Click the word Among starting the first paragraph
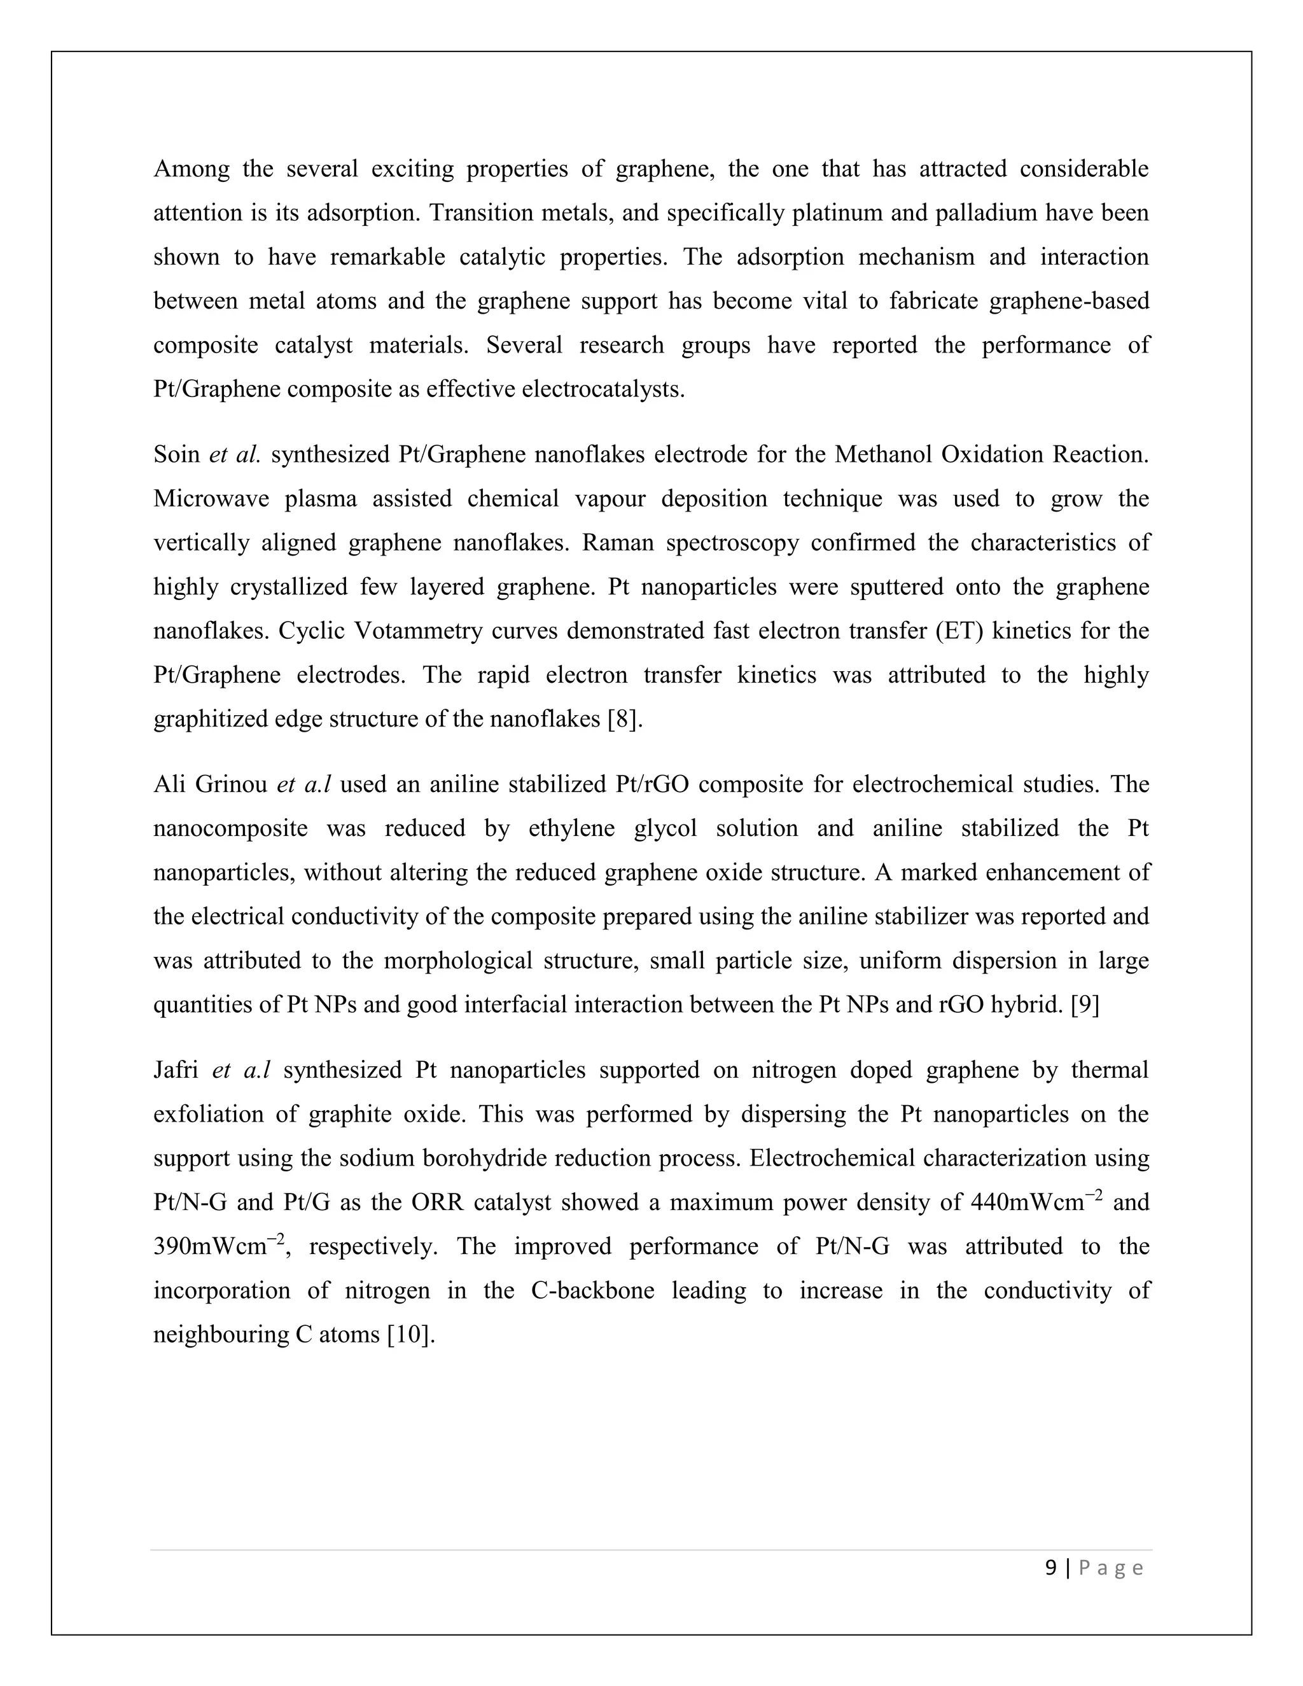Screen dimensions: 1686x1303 click(x=191, y=169)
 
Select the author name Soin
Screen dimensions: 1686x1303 click(x=177, y=455)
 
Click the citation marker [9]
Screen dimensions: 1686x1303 click(x=1085, y=1005)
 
